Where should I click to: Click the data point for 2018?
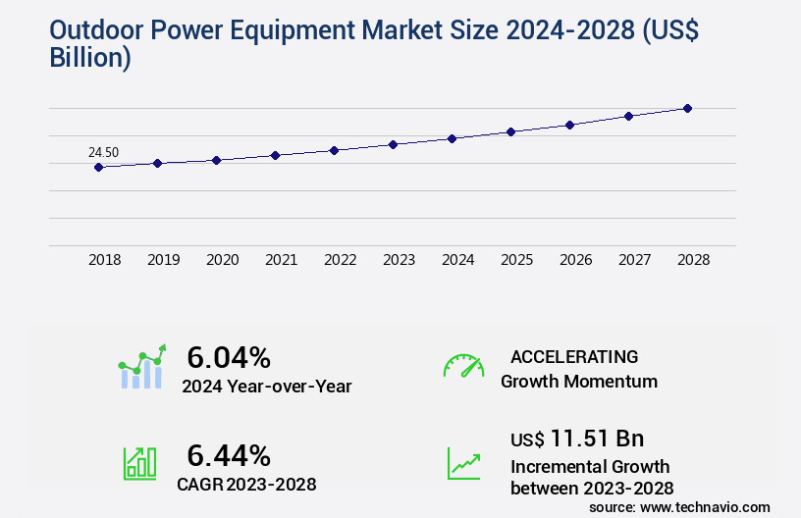click(x=98, y=167)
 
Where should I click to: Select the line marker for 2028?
click(x=687, y=108)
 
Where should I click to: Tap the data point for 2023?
click(x=393, y=144)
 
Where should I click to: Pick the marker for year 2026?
click(x=569, y=125)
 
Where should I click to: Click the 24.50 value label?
click(x=103, y=152)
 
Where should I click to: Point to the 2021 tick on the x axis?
click(x=282, y=260)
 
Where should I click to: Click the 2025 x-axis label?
click(x=516, y=260)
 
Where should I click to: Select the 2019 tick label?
click(x=164, y=260)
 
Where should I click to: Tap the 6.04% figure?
click(x=229, y=357)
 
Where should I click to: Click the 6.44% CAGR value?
click(x=229, y=455)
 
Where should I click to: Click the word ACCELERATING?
click(x=574, y=357)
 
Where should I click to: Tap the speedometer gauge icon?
click(x=463, y=366)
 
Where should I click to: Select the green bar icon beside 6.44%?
click(x=139, y=463)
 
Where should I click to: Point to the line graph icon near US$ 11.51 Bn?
click(x=463, y=463)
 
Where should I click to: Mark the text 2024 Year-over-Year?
click(x=267, y=387)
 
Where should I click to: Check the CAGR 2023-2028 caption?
click(x=246, y=484)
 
